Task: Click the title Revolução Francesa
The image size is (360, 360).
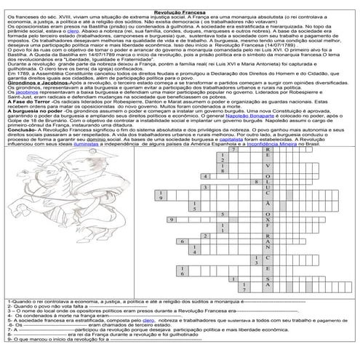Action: (180, 4)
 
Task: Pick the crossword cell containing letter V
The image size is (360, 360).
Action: (268, 187)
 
